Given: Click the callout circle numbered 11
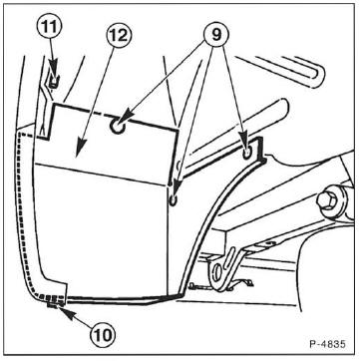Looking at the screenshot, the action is (x=51, y=27).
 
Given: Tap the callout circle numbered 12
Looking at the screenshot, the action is (x=119, y=35).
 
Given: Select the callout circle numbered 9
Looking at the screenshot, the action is (x=216, y=34).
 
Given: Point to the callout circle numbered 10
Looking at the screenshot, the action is (x=103, y=335).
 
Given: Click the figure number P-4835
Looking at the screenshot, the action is (x=327, y=343).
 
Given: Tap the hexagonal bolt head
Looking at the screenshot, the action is (x=326, y=199).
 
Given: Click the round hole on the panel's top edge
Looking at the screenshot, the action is (x=117, y=127).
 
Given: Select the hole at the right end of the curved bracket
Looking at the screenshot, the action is (x=247, y=154).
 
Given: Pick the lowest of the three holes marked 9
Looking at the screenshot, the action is (x=174, y=200).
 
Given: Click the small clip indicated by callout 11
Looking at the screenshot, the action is (x=53, y=82).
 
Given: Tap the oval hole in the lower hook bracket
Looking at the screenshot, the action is (x=217, y=269).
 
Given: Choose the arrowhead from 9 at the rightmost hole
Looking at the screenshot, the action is (x=245, y=146).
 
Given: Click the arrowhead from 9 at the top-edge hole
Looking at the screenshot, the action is (x=126, y=119).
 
